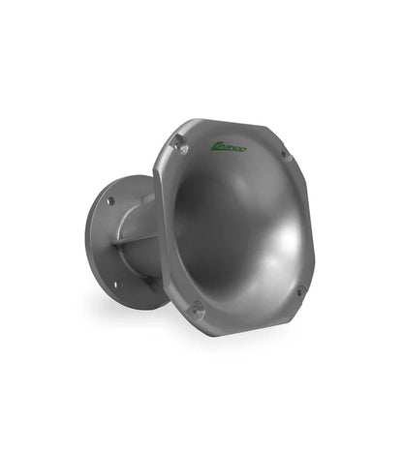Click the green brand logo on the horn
tap(229, 147)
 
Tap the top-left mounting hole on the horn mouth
tap(177, 143)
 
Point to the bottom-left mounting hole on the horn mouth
tap(197, 309)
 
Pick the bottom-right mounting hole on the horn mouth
tap(299, 289)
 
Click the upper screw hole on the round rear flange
tap(110, 201)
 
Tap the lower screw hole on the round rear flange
tap(114, 285)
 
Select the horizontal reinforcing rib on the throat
tap(133, 239)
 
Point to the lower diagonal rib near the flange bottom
tap(144, 281)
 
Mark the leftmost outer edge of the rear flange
tap(85, 242)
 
